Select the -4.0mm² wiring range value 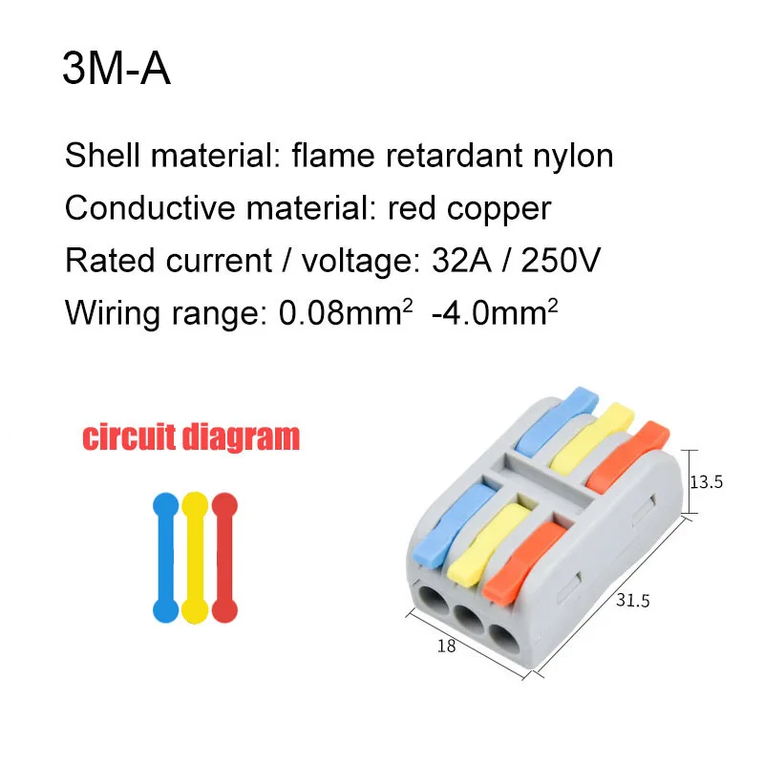click(493, 310)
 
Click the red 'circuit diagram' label click(190, 437)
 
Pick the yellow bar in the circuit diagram click(195, 558)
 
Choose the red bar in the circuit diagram click(224, 558)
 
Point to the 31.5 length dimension click(631, 603)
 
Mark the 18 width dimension click(447, 646)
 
